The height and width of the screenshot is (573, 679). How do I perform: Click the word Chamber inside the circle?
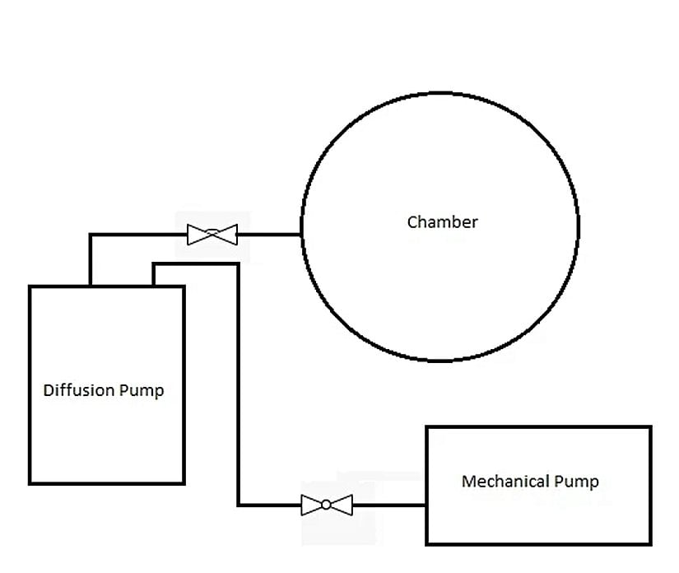pos(442,222)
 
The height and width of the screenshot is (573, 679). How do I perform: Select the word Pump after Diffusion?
pos(141,390)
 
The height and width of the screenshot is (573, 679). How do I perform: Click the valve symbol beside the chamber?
pos(212,235)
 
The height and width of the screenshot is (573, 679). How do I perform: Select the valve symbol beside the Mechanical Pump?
pos(327,505)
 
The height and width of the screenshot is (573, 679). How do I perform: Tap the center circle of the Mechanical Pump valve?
pos(327,505)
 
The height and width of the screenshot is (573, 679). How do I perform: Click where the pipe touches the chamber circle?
pos(301,235)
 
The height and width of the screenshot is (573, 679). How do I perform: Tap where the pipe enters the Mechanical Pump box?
pos(426,505)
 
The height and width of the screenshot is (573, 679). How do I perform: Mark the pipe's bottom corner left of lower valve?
pos(239,505)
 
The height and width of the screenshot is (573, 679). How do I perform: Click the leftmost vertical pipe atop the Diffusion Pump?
pos(91,260)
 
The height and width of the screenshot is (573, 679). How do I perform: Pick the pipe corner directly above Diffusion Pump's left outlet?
pos(91,235)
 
